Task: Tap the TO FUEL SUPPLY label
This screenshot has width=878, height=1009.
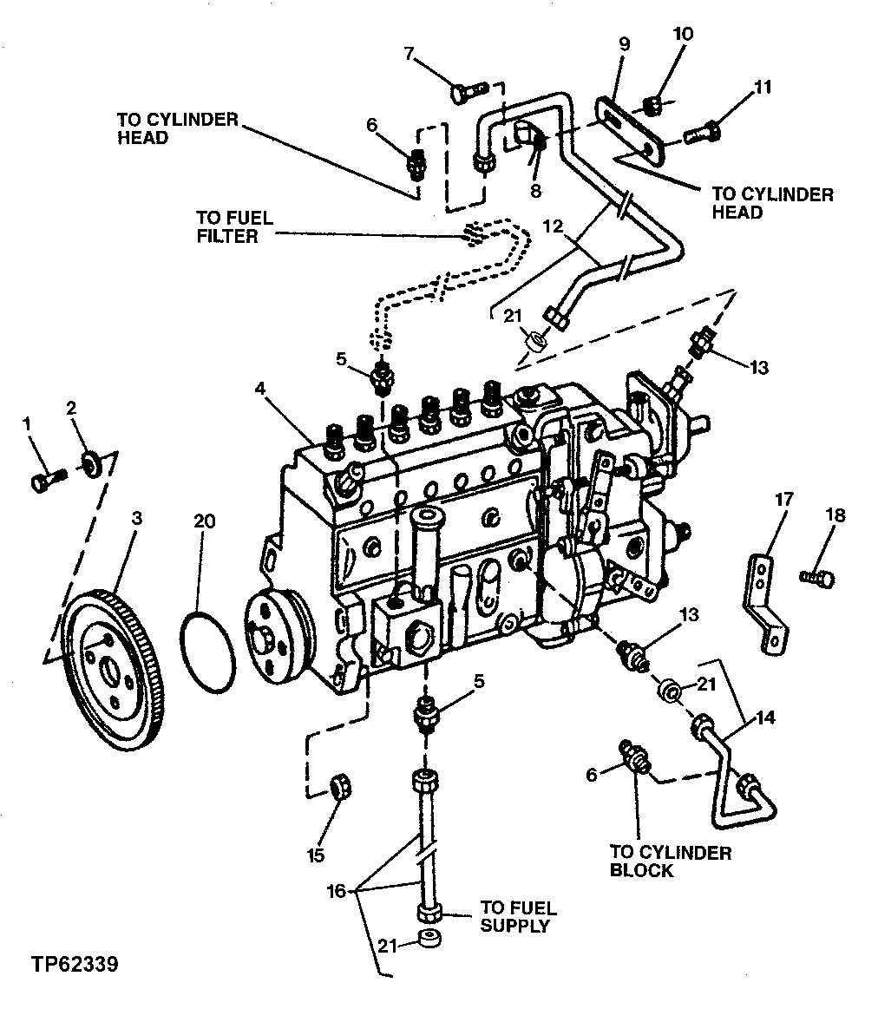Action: pos(517,917)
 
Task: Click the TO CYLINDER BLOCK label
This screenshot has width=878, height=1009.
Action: pos(670,862)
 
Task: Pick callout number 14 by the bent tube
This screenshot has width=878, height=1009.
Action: pos(766,718)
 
